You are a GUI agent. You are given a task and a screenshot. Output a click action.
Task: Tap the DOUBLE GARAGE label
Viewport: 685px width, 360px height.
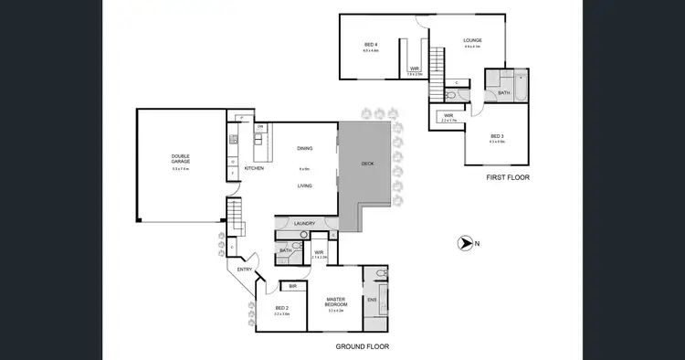179,157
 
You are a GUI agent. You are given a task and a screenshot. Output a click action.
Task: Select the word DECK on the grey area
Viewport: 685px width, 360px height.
367,164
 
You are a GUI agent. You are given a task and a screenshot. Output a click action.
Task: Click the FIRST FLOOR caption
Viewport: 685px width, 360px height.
507,176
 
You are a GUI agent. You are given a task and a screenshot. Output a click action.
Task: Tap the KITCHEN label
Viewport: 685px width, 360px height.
254,168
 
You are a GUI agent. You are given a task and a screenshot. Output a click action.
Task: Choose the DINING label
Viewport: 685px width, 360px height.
305,149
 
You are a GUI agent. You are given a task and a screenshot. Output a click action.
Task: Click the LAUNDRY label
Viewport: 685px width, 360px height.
304,223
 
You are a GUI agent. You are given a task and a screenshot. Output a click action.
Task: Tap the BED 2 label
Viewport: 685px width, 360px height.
281,308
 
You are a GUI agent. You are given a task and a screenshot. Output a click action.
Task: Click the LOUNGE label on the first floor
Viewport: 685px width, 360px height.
471,40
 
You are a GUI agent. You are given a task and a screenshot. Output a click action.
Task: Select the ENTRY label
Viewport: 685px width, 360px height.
245,269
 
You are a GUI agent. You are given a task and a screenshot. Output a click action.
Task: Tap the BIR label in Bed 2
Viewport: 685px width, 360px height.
291,286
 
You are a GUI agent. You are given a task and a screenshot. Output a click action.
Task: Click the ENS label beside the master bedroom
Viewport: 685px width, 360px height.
372,300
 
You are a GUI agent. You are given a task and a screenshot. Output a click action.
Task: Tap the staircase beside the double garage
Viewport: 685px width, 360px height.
235,217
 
